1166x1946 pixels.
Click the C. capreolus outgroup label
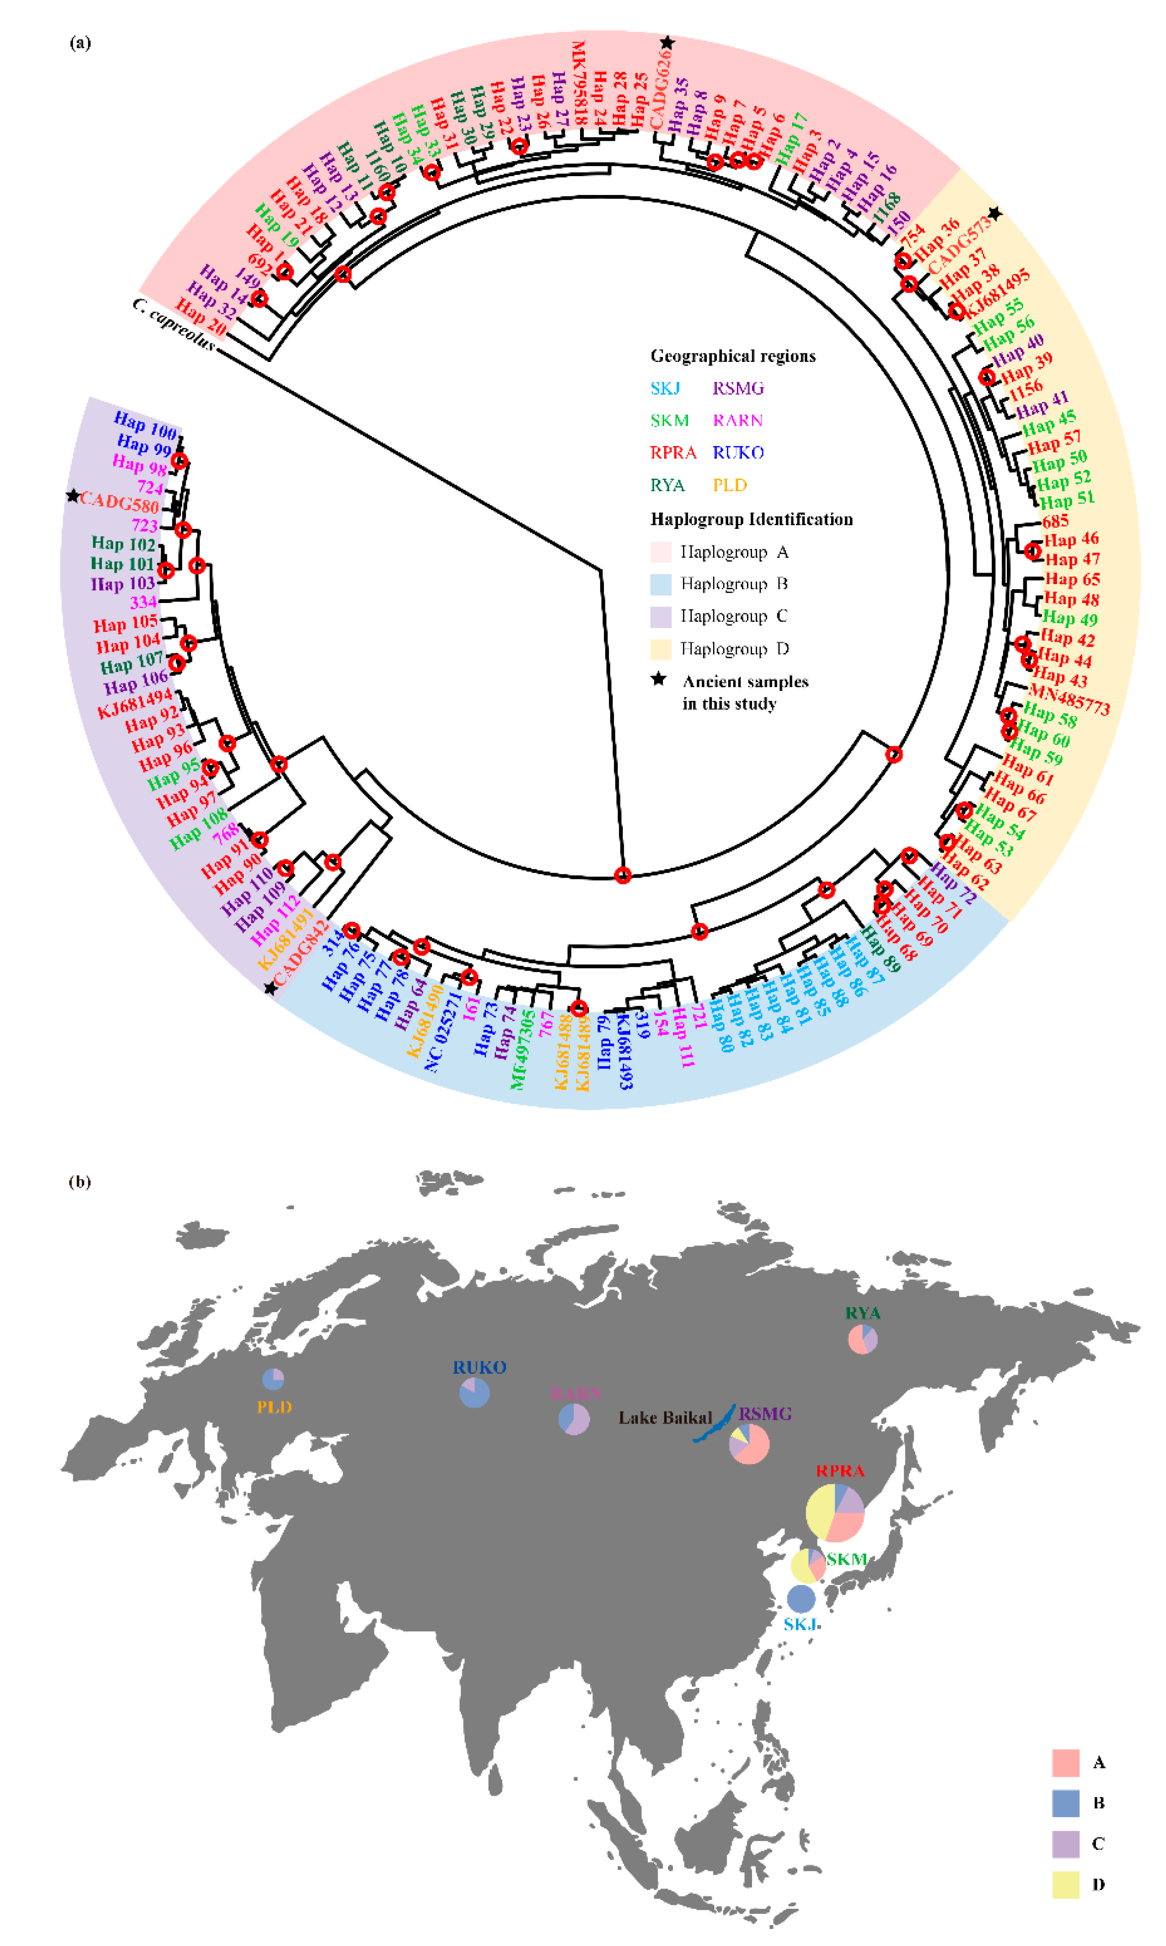pos(174,324)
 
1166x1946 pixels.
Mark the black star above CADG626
pos(667,42)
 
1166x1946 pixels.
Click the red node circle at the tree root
pos(622,875)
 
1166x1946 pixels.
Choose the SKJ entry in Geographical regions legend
pos(665,388)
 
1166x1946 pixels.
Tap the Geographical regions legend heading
pos(732,356)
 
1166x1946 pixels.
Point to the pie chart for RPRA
pos(834,1512)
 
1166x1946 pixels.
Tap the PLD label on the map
pos(274,1407)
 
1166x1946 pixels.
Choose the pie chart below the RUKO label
pos(475,1393)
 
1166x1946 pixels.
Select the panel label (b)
pos(80,1182)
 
